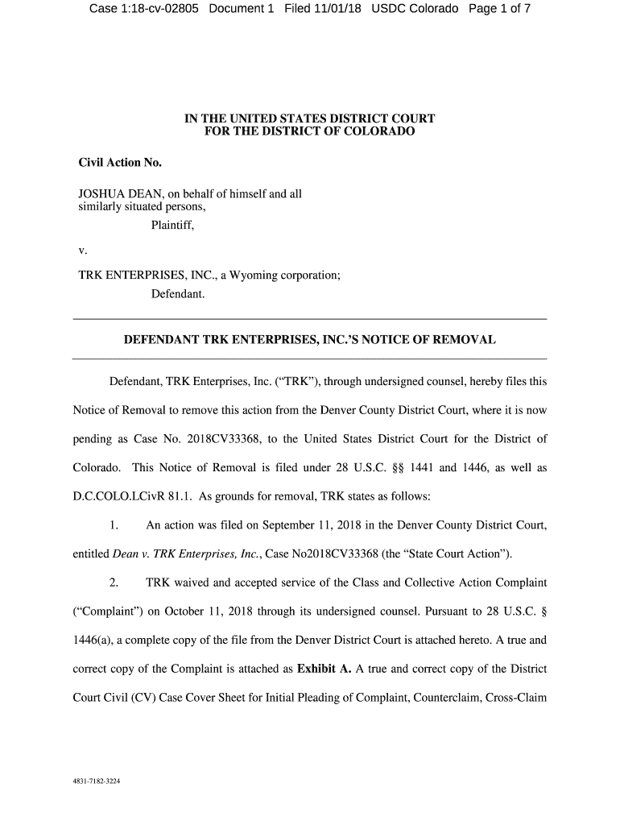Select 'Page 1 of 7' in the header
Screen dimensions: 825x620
point(498,9)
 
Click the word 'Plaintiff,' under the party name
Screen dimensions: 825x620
point(172,225)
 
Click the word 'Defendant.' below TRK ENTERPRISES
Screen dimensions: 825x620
point(178,295)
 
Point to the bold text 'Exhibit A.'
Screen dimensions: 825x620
point(324,668)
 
